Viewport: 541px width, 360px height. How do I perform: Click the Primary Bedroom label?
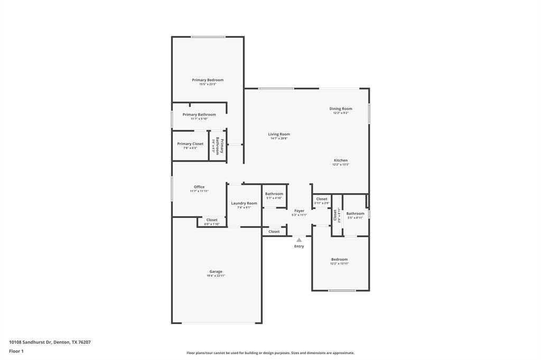click(x=208, y=80)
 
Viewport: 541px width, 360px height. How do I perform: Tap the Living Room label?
click(x=279, y=134)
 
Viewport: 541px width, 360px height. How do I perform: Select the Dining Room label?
click(x=341, y=109)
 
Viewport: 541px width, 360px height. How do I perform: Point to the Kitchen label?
click(x=341, y=160)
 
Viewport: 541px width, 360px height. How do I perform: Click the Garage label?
click(x=216, y=271)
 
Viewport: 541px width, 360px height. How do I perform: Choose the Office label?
click(x=199, y=187)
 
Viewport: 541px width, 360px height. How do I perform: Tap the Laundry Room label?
click(x=244, y=203)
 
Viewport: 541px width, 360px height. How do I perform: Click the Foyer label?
click(x=299, y=211)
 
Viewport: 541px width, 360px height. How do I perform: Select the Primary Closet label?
click(x=190, y=144)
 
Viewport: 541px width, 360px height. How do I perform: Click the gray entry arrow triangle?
click(x=299, y=240)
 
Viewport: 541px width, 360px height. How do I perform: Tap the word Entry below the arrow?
click(x=299, y=247)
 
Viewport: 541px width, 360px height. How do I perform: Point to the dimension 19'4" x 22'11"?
click(x=216, y=276)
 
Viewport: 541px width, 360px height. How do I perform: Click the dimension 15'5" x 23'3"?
click(x=208, y=84)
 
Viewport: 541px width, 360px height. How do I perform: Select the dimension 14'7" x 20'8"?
click(x=279, y=138)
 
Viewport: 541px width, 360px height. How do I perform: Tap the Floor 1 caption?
click(x=16, y=351)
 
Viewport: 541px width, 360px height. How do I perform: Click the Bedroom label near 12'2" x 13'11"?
click(x=340, y=259)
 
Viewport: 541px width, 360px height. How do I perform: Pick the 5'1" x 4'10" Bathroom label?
click(x=274, y=194)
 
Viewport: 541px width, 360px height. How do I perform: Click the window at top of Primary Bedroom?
click(x=208, y=36)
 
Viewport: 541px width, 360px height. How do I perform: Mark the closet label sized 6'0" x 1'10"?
click(x=212, y=220)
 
